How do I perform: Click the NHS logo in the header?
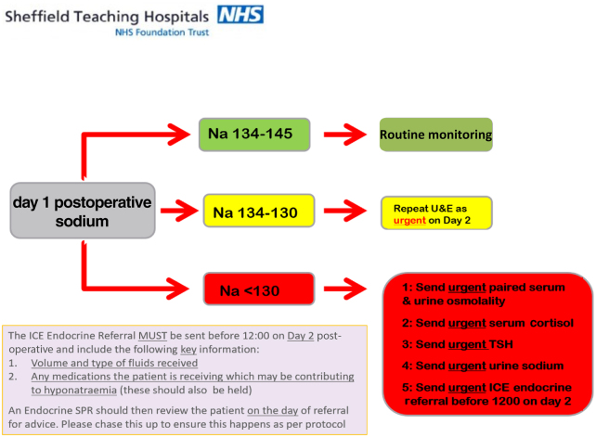tap(240, 14)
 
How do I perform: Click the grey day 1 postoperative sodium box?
tap(81, 211)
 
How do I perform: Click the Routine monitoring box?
tap(435, 135)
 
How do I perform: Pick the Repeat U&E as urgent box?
tap(435, 212)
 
